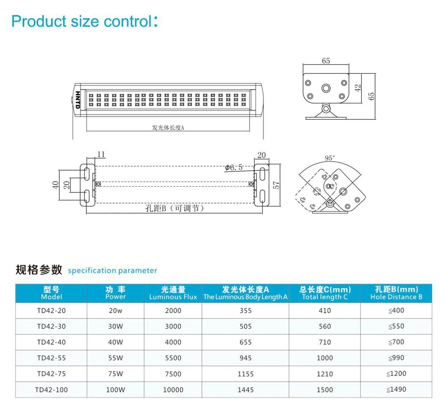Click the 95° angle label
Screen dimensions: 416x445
pos(330,158)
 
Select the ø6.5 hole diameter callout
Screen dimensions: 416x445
pos(234,167)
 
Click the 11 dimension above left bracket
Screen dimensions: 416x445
pos(101,155)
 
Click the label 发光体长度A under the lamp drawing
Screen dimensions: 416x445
pos(168,127)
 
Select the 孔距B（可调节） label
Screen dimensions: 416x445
pos(172,208)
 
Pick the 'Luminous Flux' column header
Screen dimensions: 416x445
pos(173,293)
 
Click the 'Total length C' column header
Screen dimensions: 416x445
pos(325,293)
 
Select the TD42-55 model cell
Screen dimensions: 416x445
pos(52,358)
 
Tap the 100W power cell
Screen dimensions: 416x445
pos(116,390)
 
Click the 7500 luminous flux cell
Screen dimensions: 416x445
pos(173,374)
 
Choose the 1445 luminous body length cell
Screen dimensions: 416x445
pos(246,390)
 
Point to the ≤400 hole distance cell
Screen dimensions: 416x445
pos(396,310)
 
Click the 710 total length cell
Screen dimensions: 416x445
pos(325,342)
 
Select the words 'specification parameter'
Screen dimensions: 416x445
pos(113,270)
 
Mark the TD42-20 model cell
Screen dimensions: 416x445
pos(52,310)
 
